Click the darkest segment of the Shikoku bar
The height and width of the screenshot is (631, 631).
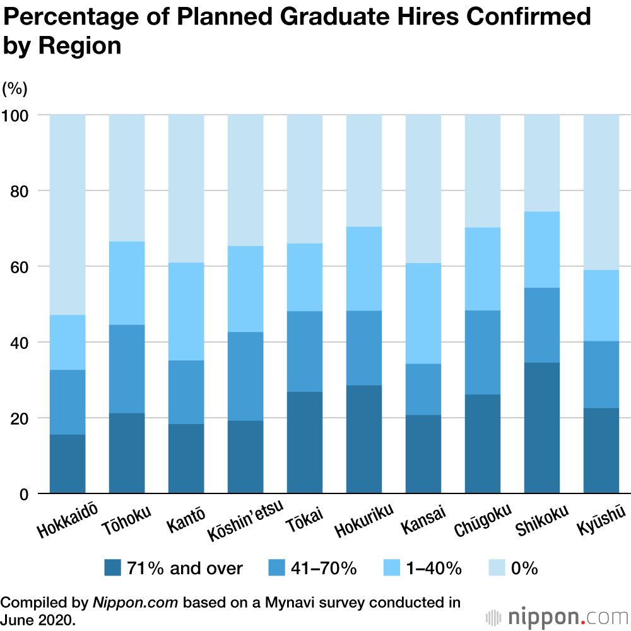pyautogui.click(x=542, y=428)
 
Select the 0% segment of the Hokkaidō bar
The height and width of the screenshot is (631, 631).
pyautogui.click(x=68, y=215)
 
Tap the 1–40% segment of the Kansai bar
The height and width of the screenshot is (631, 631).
pyautogui.click(x=423, y=313)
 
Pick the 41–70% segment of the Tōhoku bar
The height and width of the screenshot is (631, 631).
pyautogui.click(x=127, y=369)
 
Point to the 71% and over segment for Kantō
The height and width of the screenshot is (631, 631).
pyautogui.click(x=186, y=458)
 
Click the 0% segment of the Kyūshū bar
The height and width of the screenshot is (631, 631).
pyautogui.click(x=601, y=192)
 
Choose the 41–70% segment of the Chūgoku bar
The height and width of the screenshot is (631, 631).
pyautogui.click(x=483, y=352)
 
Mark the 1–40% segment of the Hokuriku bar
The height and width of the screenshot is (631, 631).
pyautogui.click(x=364, y=268)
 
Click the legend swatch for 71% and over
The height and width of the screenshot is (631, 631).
pyautogui.click(x=113, y=568)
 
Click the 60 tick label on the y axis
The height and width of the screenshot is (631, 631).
pyautogui.click(x=21, y=266)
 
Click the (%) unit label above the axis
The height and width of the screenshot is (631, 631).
pyautogui.click(x=15, y=88)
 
